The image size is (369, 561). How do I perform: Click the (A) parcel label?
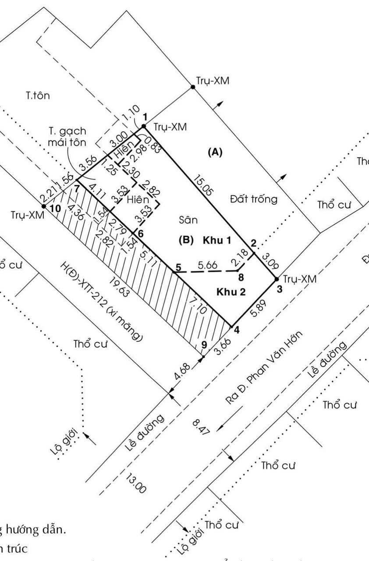click(215, 152)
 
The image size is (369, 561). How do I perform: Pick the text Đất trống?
click(254, 199)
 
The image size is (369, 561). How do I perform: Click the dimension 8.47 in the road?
click(202, 426)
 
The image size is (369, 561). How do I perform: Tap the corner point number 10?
click(56, 209)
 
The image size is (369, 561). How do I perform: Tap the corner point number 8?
click(241, 277)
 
